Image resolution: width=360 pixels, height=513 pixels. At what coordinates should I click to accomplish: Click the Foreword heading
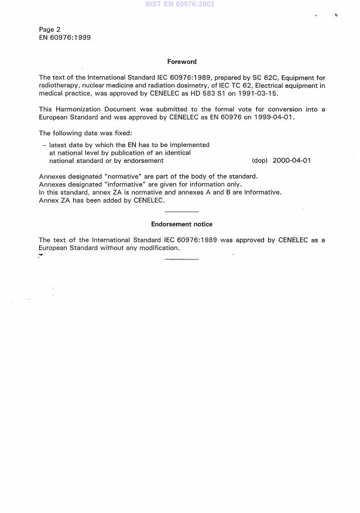click(x=181, y=61)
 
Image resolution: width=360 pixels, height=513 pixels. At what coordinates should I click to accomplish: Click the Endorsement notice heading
click(x=181, y=224)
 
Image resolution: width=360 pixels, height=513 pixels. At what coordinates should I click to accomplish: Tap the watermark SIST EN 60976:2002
click(x=180, y=4)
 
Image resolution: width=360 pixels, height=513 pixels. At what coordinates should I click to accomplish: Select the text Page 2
click(x=50, y=29)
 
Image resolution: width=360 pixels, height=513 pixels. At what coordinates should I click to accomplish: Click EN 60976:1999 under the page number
click(x=64, y=37)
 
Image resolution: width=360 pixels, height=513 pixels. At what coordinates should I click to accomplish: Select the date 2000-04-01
click(x=292, y=160)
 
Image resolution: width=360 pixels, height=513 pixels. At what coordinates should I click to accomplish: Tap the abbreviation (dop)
click(x=259, y=160)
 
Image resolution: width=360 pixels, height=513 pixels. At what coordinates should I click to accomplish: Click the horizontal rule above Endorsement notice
click(x=181, y=212)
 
